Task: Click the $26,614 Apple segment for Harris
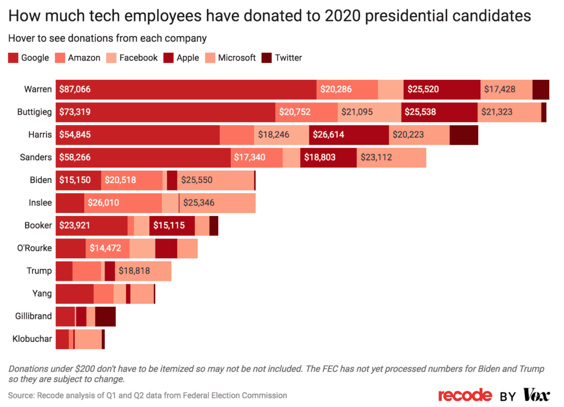349,135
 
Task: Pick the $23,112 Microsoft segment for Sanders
391,158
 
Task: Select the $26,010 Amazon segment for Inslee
123,203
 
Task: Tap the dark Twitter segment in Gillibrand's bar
105,316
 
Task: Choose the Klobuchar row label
32,339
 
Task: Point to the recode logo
465,395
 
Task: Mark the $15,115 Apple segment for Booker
172,225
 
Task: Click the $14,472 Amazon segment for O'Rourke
107,248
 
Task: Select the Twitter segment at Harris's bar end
464,135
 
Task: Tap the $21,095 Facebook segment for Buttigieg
369,112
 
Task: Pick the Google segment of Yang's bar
74,294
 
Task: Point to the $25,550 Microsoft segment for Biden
215,180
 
